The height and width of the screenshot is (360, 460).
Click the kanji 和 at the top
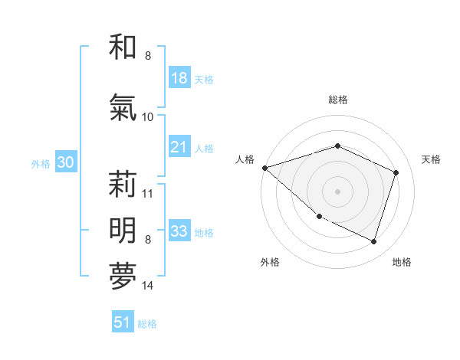click(123, 47)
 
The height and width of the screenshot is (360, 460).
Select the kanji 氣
click(123, 108)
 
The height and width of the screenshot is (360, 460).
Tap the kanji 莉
click(123, 185)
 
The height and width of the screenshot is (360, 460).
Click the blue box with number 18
click(179, 78)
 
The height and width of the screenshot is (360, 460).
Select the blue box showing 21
click(179, 147)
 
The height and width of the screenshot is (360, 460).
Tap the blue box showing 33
click(179, 231)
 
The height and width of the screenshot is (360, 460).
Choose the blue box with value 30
click(65, 162)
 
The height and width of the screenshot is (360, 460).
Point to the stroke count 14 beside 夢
click(147, 286)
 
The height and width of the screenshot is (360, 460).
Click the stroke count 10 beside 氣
click(147, 117)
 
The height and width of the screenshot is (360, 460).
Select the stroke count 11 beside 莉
click(147, 193)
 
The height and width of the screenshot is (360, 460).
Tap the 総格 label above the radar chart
click(337, 100)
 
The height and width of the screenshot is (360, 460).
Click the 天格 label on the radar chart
click(432, 159)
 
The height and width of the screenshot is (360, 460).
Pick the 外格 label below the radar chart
click(270, 262)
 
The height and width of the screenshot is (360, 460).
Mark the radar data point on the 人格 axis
click(264, 168)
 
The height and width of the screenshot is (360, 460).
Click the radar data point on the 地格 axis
click(373, 242)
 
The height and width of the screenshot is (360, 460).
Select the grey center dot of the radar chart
click(337, 191)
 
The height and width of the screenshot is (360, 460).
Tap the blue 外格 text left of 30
click(41, 163)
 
